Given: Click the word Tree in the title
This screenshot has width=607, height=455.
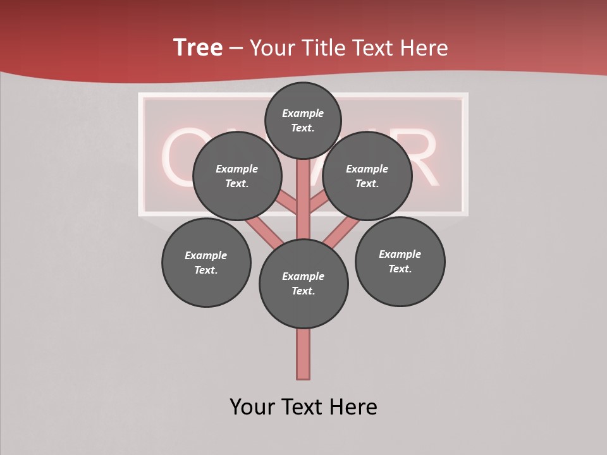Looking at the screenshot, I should click(x=198, y=47).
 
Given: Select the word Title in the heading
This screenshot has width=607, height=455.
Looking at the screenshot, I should click(x=321, y=48).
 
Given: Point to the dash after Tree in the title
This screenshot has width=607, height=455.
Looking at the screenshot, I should click(x=236, y=49).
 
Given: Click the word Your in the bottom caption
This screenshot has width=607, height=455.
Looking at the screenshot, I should click(x=252, y=406).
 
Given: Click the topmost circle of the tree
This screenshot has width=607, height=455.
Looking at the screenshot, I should click(x=303, y=120).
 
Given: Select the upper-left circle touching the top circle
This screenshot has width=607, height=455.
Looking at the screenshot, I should click(x=236, y=176).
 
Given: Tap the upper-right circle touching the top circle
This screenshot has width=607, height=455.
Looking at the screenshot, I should click(x=367, y=176).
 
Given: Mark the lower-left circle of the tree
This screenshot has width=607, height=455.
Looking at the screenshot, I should click(x=206, y=263).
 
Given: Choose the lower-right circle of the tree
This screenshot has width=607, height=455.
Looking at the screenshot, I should click(x=400, y=262).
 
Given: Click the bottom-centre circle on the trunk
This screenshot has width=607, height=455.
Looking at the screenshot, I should click(x=303, y=284).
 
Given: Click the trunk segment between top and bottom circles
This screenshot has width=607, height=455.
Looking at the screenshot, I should click(x=303, y=209).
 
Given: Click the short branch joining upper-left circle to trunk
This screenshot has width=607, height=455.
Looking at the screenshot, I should click(x=288, y=203).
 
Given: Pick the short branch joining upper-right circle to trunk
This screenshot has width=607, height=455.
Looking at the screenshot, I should click(x=319, y=203).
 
